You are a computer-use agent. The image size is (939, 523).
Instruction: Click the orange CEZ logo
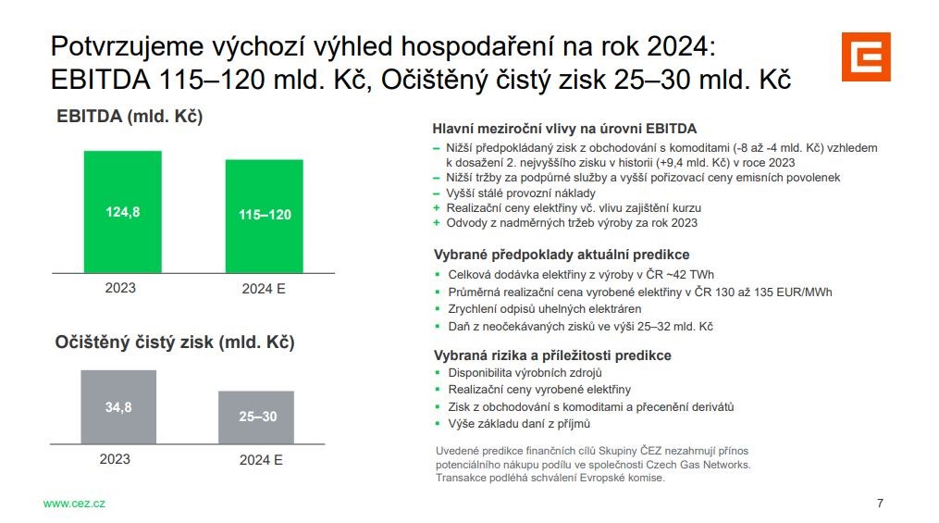coord(866,56)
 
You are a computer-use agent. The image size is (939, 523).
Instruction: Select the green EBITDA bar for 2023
coord(123,212)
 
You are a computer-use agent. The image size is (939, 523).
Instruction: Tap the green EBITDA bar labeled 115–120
coord(264,217)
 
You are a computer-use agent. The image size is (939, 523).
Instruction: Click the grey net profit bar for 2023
coord(118,406)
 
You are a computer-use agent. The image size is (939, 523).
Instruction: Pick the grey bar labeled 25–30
coord(256,417)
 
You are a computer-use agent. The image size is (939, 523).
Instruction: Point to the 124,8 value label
coord(123,211)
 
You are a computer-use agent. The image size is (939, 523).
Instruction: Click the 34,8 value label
coord(118,407)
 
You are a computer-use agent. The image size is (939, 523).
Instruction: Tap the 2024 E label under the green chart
coord(264,289)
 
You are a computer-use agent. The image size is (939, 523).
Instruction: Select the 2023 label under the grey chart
coord(115,459)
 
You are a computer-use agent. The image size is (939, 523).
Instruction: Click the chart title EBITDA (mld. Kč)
coord(130,117)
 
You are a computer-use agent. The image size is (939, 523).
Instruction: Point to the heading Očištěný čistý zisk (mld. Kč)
coord(175,342)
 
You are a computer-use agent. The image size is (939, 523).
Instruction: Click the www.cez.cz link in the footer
coord(74,504)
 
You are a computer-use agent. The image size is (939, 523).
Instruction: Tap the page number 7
coord(880,504)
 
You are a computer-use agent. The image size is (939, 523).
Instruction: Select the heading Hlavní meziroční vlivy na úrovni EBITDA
coord(564,129)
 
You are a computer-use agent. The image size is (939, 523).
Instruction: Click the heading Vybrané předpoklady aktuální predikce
coord(562,255)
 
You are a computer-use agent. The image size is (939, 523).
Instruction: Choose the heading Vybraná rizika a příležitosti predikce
coord(552,355)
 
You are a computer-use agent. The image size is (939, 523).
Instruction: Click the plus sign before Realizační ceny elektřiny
coord(437,208)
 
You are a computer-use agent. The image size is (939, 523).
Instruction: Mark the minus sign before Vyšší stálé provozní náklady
coord(437,193)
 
